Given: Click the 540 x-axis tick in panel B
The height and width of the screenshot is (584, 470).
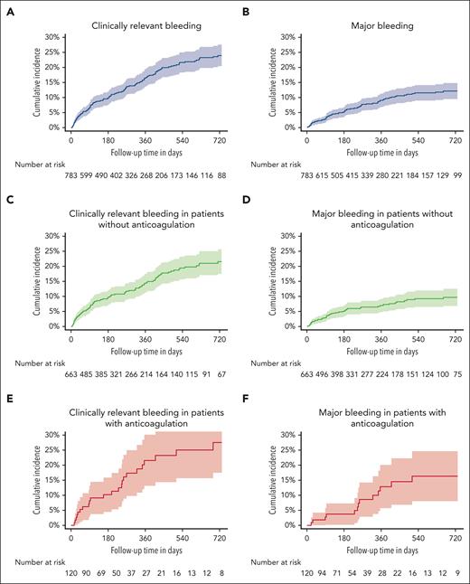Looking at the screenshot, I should coord(418,141).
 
